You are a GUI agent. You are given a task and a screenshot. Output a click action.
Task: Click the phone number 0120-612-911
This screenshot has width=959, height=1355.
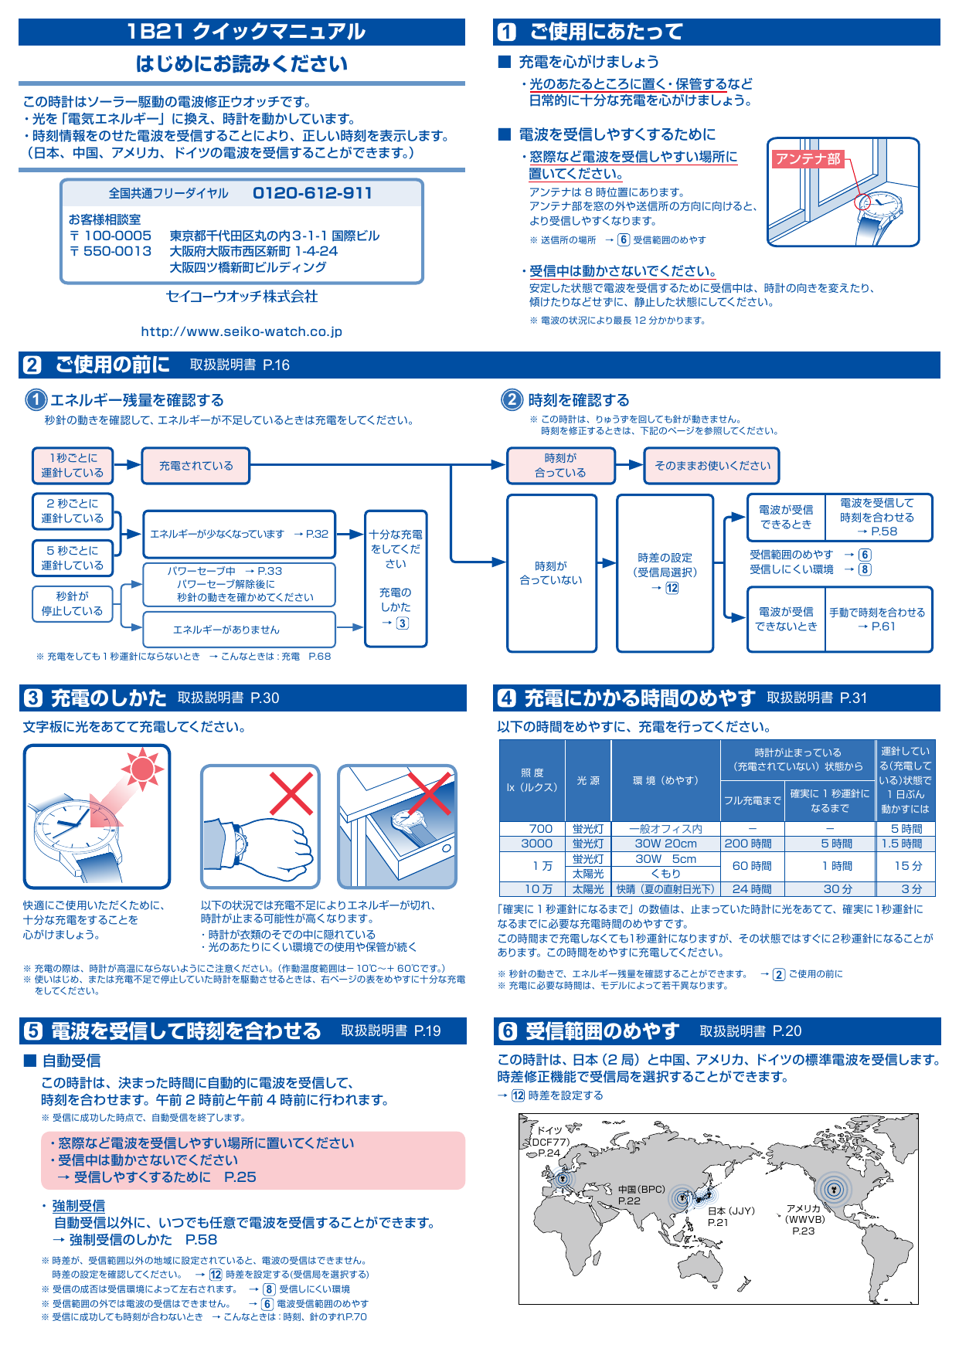[312, 193]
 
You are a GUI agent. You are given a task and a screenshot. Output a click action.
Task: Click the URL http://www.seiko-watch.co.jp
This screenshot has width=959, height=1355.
[241, 331]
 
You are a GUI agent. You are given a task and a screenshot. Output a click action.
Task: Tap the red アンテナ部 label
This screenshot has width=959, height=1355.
[807, 159]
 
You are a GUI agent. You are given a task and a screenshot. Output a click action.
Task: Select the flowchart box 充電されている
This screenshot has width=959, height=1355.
[196, 466]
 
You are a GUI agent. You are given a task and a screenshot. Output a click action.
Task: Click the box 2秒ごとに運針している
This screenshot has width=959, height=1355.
[73, 511]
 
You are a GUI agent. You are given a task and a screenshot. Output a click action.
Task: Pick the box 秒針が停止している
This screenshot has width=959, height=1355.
[73, 603]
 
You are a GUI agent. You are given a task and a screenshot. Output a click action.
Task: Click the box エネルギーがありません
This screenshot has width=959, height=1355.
[239, 630]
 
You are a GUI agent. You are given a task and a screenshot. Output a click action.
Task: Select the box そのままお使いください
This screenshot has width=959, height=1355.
[712, 466]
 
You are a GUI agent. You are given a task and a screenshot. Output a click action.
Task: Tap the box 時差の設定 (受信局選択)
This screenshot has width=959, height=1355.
[665, 572]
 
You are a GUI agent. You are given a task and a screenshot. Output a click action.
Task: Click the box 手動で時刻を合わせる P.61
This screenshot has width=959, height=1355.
[877, 619]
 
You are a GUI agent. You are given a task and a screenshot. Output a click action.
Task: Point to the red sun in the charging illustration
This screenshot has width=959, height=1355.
[143, 769]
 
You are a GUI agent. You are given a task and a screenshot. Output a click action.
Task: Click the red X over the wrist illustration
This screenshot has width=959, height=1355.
[291, 793]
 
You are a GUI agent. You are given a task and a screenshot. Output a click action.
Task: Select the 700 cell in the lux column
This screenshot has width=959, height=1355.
[540, 828]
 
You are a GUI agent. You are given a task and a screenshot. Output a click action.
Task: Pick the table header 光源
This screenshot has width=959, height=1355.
[588, 780]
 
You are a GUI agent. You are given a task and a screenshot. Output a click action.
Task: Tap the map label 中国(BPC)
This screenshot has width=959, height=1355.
[641, 1189]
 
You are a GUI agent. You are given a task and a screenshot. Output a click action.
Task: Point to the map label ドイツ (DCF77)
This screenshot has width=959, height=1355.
[549, 1136]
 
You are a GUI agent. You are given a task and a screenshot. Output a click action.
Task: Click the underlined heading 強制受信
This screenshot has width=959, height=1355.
[78, 1206]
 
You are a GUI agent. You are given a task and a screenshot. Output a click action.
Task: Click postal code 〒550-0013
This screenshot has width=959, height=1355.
[111, 251]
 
